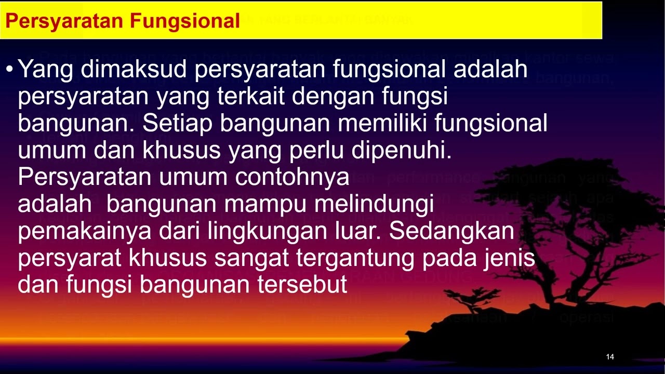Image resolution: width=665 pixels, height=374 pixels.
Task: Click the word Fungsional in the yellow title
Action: click(x=185, y=21)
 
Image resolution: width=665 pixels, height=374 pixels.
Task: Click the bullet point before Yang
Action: click(x=10, y=69)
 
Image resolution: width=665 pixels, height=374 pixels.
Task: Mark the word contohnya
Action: click(x=292, y=178)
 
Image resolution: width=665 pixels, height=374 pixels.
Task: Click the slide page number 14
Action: click(x=610, y=357)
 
